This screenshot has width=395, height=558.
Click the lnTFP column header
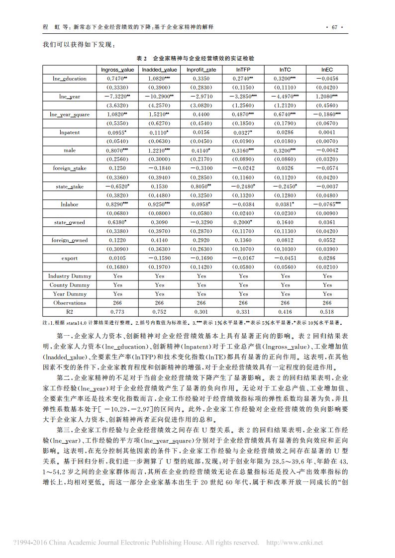[243, 70]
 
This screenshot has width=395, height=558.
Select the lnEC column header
[327, 70]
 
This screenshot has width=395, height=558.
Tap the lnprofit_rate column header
[201, 70]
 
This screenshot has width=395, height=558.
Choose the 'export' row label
[70, 258]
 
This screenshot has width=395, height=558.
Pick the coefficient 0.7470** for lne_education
[117, 79]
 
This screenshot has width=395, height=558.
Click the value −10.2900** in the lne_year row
[159, 96]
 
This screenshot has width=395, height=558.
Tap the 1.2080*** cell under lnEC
[327, 96]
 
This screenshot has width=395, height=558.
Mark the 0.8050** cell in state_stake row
[201, 186]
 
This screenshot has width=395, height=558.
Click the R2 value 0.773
[117, 312]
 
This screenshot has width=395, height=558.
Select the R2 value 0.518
[327, 312]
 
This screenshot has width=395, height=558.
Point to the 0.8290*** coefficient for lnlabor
[117, 204]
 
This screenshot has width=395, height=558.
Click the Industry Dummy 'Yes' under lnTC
[285, 276]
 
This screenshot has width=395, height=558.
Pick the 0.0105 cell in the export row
[117, 258]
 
